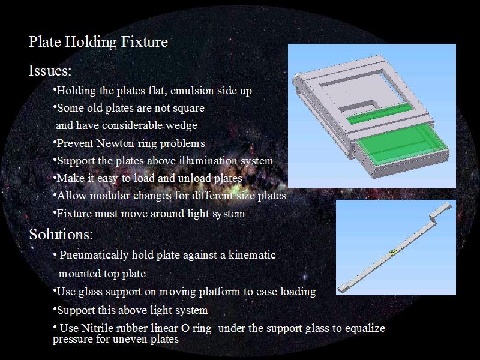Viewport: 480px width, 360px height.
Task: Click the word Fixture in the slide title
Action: pyautogui.click(x=144, y=41)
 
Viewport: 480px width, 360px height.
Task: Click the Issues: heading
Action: pyautogui.click(x=50, y=70)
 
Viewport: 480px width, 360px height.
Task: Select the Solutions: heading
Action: pyautogui.click(x=61, y=234)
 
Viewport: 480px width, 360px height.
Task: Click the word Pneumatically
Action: pyautogui.click(x=94, y=256)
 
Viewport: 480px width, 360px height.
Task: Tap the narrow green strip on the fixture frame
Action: pyautogui.click(x=380, y=113)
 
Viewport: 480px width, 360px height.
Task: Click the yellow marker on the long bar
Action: pyautogui.click(x=393, y=252)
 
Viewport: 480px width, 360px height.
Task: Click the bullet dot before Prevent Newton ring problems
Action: pyautogui.click(x=55, y=142)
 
